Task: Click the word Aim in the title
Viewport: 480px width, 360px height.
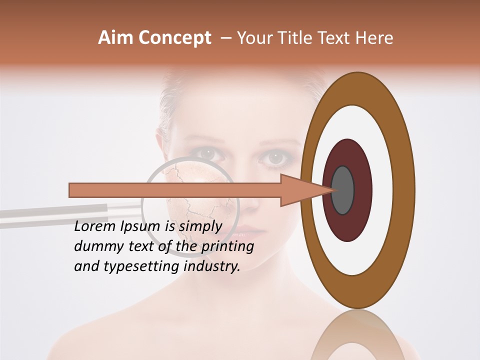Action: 115,38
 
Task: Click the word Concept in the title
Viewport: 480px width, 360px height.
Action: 174,38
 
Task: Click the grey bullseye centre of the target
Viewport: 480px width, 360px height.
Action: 342,190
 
